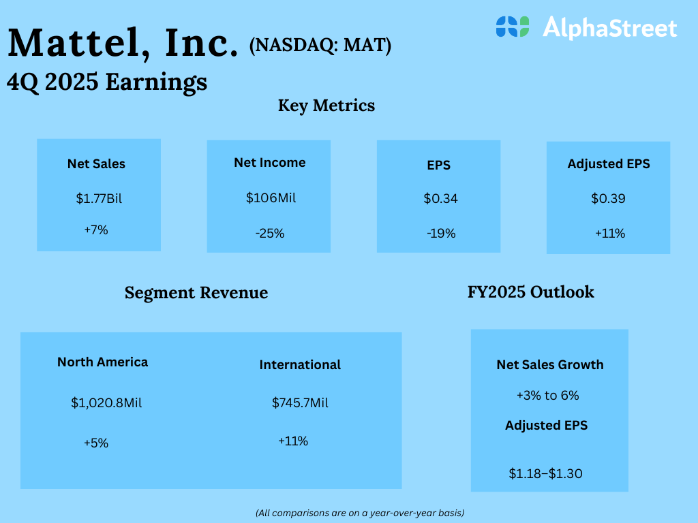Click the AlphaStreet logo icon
(x=513, y=27)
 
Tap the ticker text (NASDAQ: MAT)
(x=320, y=46)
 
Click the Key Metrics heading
(x=327, y=106)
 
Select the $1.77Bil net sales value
(x=99, y=199)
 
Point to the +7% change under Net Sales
(x=96, y=230)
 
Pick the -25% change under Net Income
(x=270, y=233)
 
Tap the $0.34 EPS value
(x=440, y=199)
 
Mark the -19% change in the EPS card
(x=440, y=233)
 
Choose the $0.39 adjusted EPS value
(x=608, y=199)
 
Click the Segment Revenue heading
(x=196, y=293)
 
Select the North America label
(x=102, y=362)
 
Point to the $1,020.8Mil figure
(x=106, y=402)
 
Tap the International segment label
(x=300, y=365)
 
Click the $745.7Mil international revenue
(x=300, y=402)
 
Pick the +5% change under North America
(x=96, y=443)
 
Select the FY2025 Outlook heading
(x=530, y=292)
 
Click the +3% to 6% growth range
(x=548, y=395)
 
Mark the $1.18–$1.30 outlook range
(x=545, y=473)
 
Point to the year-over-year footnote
(x=360, y=512)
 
